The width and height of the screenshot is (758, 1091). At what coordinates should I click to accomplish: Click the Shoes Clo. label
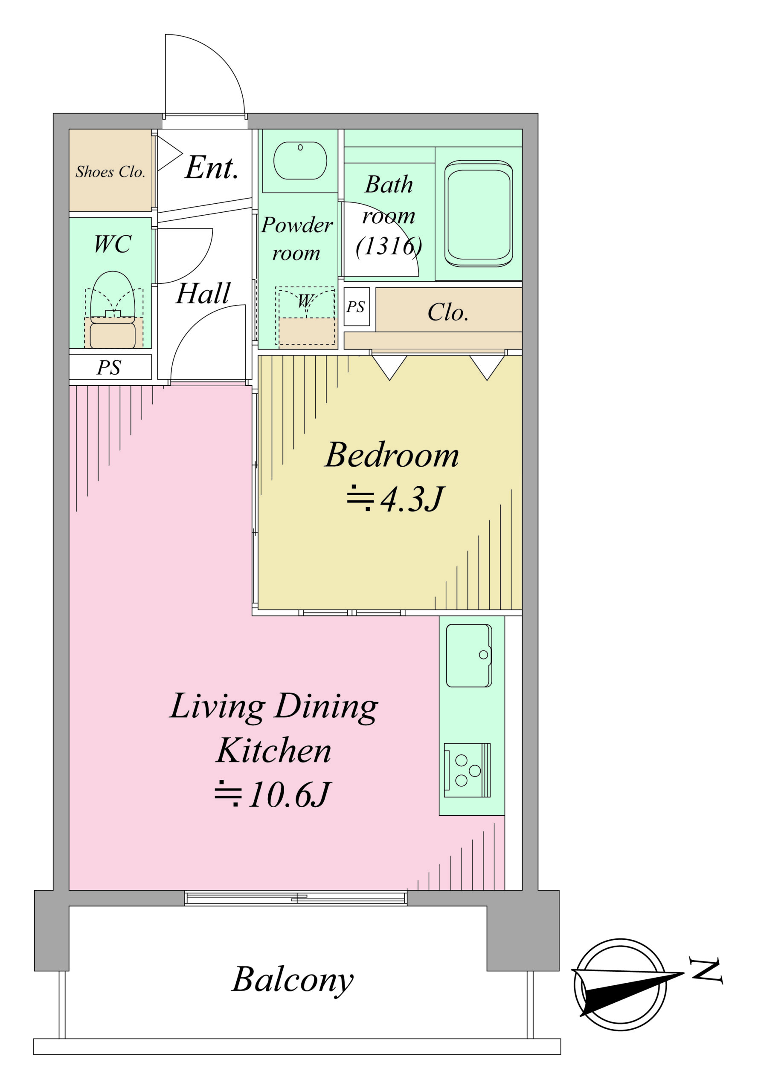point(110,172)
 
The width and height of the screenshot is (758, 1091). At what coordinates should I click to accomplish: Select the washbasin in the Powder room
point(300,160)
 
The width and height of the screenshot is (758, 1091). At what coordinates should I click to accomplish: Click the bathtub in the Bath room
point(478,214)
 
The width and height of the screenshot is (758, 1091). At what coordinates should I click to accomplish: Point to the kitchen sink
point(469,655)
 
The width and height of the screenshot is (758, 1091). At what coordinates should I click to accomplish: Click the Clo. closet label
point(448,312)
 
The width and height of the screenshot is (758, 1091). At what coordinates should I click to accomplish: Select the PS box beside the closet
point(357,306)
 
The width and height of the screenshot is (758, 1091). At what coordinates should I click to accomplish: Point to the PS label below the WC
point(109,367)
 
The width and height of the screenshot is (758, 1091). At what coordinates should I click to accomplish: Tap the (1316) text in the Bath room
point(389,246)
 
